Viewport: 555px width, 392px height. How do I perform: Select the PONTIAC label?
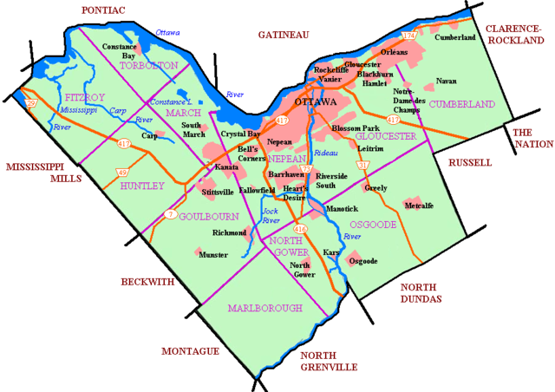click(102, 9)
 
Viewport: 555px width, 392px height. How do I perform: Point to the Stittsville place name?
click(217, 191)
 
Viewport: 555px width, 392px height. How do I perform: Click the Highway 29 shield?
click(31, 103)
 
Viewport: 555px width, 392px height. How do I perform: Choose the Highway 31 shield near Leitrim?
click(363, 165)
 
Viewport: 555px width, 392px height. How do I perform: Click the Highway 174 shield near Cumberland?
click(410, 36)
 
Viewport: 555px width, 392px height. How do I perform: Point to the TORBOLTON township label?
click(149, 65)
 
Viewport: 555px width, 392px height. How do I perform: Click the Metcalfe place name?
click(419, 206)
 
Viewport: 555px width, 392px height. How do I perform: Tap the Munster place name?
click(213, 255)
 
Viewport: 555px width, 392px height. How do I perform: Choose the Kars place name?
click(330, 252)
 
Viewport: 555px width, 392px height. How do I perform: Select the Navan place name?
click(446, 81)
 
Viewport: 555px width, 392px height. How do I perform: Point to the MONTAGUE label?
click(190, 351)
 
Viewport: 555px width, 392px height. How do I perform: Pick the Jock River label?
click(271, 216)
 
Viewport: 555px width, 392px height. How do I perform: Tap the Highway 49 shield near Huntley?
click(122, 173)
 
